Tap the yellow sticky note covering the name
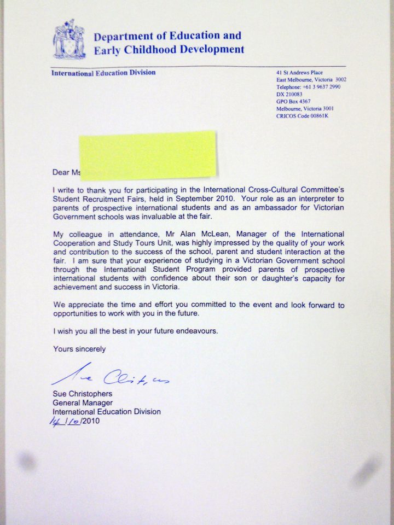tap(147, 154)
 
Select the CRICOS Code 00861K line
tap(306, 115)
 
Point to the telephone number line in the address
tap(308, 87)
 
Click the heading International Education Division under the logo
tap(103, 73)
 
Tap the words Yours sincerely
tap(79, 349)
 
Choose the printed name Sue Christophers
tap(82, 394)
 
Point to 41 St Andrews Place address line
tap(300, 73)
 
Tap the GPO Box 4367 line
tap(294, 101)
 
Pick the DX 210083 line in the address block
tap(289, 94)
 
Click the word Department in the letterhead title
tap(122, 37)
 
